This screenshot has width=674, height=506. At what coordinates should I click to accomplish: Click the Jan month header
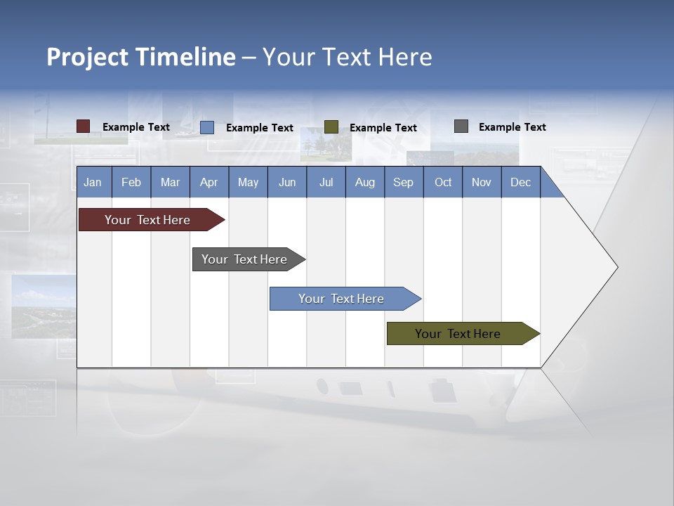[93, 182]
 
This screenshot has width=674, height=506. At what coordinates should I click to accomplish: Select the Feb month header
[131, 182]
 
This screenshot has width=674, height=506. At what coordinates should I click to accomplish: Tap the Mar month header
[170, 182]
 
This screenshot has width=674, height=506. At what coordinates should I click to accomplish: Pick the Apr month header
[209, 182]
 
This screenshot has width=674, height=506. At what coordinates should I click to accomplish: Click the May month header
[248, 182]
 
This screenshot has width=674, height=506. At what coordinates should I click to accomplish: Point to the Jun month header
[287, 182]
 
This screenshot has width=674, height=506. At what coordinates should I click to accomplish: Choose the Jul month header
[326, 182]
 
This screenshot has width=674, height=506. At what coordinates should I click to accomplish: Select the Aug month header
[364, 182]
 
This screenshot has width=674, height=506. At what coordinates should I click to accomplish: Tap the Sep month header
[403, 182]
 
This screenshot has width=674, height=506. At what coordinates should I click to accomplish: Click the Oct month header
[443, 182]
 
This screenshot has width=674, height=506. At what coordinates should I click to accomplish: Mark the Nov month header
[482, 182]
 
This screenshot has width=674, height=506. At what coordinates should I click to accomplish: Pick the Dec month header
[520, 182]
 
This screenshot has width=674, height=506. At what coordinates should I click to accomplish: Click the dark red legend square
[83, 126]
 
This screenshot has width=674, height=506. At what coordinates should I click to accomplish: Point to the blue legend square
[207, 127]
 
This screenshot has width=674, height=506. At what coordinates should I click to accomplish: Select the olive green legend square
[331, 127]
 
